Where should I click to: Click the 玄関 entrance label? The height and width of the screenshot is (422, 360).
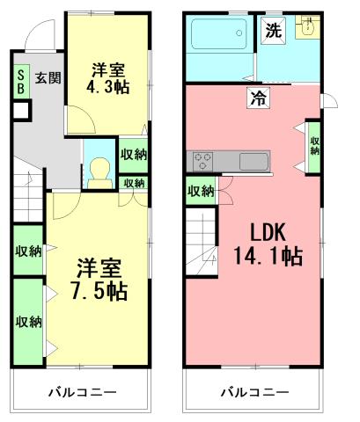pyautogui.click(x=47, y=77)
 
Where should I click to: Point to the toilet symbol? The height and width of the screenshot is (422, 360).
pyautogui.click(x=99, y=169)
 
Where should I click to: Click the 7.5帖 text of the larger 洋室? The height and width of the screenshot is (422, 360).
pyautogui.click(x=98, y=290)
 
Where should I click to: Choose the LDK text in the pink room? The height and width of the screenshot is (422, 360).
pyautogui.click(x=266, y=234)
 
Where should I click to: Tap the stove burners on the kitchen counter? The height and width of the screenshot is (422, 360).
pyautogui.click(x=202, y=162)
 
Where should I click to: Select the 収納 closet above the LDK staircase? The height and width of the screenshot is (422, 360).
pyautogui.click(x=201, y=190)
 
